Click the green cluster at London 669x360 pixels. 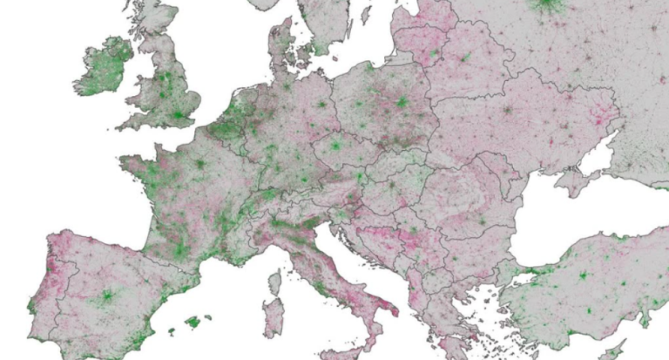click(x=179, y=114)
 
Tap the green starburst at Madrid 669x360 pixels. click(x=107, y=295)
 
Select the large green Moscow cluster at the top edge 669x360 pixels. click(x=548, y=3)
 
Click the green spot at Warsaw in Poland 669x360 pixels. click(x=402, y=103)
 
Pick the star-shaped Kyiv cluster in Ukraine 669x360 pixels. click(x=507, y=111)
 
